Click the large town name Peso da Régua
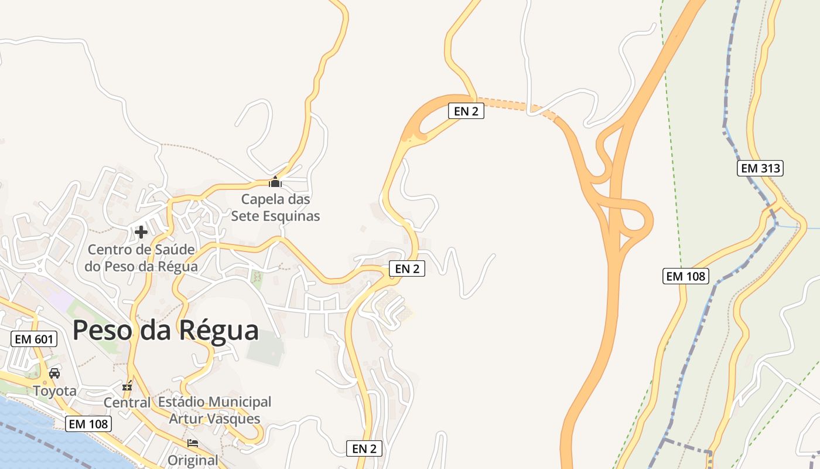(x=165, y=330)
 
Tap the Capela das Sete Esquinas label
(x=275, y=208)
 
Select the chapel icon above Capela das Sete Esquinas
(x=275, y=182)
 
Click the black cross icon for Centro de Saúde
(x=141, y=232)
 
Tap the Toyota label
(x=54, y=390)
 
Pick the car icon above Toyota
(x=54, y=373)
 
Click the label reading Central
(x=127, y=403)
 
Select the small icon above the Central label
(x=127, y=386)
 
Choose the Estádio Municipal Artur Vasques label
(x=214, y=410)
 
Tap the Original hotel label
(x=193, y=460)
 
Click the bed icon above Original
(x=193, y=443)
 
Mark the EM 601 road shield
(x=34, y=339)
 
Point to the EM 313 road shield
(x=760, y=168)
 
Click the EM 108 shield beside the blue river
(x=88, y=423)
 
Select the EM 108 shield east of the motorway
(x=686, y=276)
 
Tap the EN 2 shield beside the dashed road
(x=466, y=111)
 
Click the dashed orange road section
(x=515, y=107)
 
